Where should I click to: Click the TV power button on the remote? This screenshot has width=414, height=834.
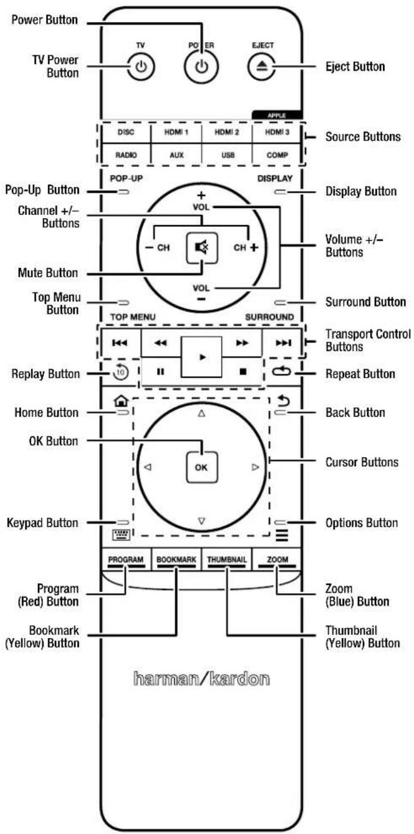point(141,67)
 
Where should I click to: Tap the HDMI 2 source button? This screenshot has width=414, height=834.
point(227,132)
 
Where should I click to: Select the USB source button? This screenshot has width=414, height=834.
point(228,155)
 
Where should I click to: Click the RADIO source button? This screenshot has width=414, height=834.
point(126,155)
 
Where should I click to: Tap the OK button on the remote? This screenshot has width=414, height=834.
point(201,467)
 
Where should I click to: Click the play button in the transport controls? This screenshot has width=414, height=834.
point(201,357)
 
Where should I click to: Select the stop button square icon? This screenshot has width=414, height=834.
point(243,371)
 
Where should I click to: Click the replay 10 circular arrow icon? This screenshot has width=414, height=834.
point(121,371)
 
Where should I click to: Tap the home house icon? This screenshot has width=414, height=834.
point(121,401)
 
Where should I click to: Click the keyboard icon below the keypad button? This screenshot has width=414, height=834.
point(121,535)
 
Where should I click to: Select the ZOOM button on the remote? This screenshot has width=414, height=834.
point(277,559)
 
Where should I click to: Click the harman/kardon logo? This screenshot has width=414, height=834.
point(201,678)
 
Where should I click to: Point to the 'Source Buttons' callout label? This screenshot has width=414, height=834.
point(363,137)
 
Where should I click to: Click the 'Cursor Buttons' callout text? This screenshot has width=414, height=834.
point(362,462)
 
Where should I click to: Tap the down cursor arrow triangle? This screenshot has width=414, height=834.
point(201,521)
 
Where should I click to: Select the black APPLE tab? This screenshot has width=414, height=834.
point(277,115)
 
